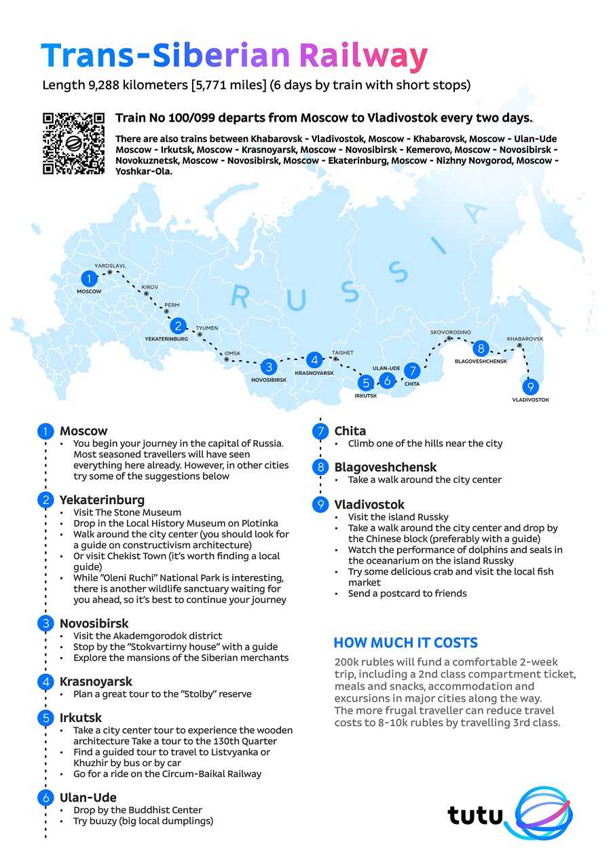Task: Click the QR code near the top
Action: pyautogui.click(x=73, y=143)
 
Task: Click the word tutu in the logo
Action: pyautogui.click(x=475, y=815)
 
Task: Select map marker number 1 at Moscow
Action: pyautogui.click(x=89, y=278)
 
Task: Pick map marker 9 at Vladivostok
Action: pyautogui.click(x=531, y=386)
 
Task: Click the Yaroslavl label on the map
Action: pyautogui.click(x=110, y=266)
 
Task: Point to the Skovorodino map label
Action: pyautogui.click(x=450, y=332)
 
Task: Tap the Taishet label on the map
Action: pyautogui.click(x=342, y=353)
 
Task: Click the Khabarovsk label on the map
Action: pyautogui.click(x=525, y=338)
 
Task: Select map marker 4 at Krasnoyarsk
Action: pyautogui.click(x=314, y=360)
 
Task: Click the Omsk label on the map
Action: pyautogui.click(x=233, y=353)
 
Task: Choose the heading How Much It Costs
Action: pyautogui.click(x=405, y=643)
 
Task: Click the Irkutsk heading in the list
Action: pyautogui.click(x=81, y=717)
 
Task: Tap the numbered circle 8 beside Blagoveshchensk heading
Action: pyautogui.click(x=320, y=467)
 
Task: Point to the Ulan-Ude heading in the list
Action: pyautogui.click(x=88, y=797)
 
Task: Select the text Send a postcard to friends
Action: pyautogui.click(x=407, y=593)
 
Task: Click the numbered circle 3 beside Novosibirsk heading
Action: pyautogui.click(x=45, y=624)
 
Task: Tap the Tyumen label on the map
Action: pyautogui.click(x=207, y=328)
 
